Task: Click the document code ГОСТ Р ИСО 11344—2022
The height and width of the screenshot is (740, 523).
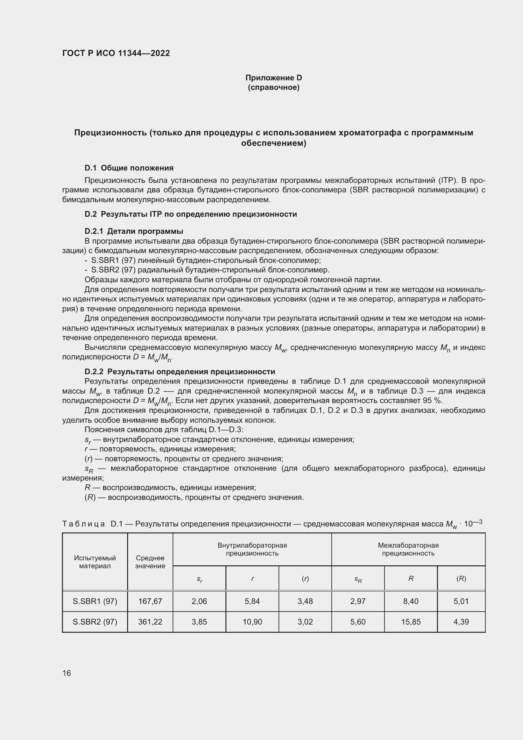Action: click(x=116, y=53)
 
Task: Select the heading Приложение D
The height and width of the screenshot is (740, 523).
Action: click(x=274, y=78)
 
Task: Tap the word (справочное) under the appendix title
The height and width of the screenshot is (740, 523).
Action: click(x=274, y=87)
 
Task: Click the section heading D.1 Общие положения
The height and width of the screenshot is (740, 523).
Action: click(x=129, y=168)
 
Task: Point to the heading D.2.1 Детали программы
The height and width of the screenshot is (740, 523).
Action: click(x=134, y=231)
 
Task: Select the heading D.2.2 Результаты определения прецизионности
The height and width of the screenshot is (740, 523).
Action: click(x=180, y=372)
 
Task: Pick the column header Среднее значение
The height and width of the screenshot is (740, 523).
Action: click(x=150, y=562)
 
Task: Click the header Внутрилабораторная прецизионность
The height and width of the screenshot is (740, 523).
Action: click(x=252, y=549)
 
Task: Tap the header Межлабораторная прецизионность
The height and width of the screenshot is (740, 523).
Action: click(x=408, y=549)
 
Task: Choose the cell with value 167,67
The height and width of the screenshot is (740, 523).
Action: click(x=150, y=601)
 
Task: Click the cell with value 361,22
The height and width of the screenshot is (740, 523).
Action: click(x=150, y=622)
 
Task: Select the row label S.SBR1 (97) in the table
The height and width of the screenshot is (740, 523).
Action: click(x=95, y=601)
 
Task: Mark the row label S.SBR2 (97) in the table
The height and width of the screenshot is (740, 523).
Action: click(x=95, y=622)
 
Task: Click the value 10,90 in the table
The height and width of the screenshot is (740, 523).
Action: click(x=252, y=622)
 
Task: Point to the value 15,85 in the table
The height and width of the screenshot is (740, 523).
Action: click(x=411, y=622)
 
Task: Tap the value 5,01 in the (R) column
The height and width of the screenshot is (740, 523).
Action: click(x=461, y=601)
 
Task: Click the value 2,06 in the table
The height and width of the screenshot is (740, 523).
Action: click(x=199, y=601)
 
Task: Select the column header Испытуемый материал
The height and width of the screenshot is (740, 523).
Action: click(x=95, y=562)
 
